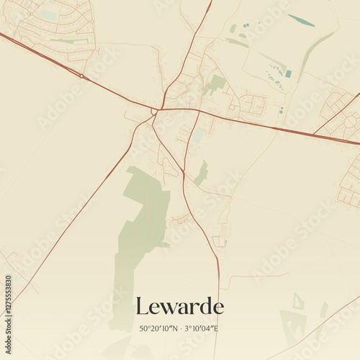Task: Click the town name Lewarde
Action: (179, 307)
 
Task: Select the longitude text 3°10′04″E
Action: (201, 328)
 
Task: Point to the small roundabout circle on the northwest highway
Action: (82, 76)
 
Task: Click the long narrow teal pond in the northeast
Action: (301, 20)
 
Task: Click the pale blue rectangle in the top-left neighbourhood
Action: (48, 14)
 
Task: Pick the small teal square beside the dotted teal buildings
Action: (288, 73)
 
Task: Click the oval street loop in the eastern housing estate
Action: (350, 122)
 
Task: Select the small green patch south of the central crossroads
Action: (202, 173)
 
